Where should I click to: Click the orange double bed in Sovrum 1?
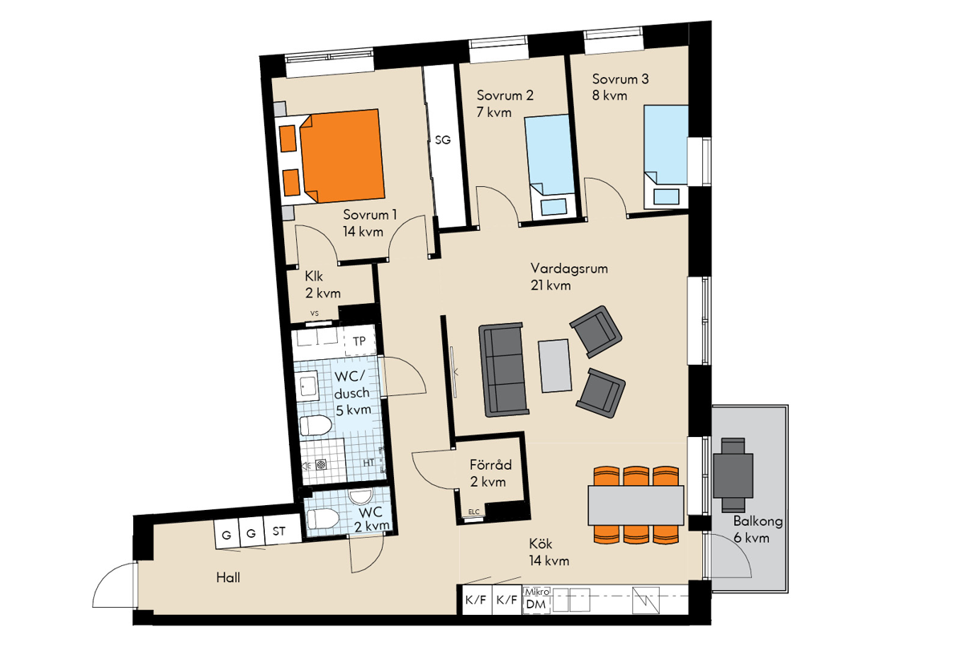tap(331, 158)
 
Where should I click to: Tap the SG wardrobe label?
tap(443, 140)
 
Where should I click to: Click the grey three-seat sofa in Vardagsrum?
tap(504, 370)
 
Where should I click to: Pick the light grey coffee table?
tap(555, 366)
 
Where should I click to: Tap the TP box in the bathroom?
tap(360, 341)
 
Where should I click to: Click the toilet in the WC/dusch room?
tap(315, 426)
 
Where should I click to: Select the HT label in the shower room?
tap(369, 463)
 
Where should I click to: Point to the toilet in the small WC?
tap(323, 519)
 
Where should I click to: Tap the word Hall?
tap(228, 577)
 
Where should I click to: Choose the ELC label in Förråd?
tap(473, 511)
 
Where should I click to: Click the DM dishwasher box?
tap(536, 604)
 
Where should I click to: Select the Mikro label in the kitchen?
tap(538, 592)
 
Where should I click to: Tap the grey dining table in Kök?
tap(636, 505)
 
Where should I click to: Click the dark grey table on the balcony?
tap(733, 475)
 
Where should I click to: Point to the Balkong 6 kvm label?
tap(757, 529)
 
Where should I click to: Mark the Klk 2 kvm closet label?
tap(323, 285)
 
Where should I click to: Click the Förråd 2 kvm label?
tap(490, 473)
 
